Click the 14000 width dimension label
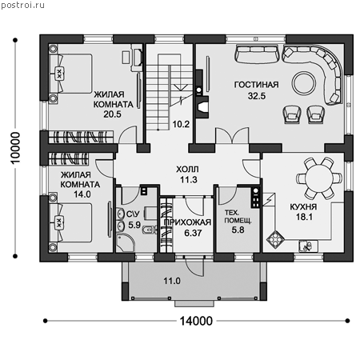(196, 321)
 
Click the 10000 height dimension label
(15, 148)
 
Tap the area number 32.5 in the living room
(257, 96)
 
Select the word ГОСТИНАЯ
(257, 85)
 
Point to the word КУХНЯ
(303, 206)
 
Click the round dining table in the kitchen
(319, 178)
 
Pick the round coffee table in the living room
(304, 83)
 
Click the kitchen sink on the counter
(308, 246)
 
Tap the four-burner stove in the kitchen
(275, 239)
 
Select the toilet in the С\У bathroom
(149, 230)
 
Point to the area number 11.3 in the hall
(189, 180)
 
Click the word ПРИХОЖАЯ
(187, 222)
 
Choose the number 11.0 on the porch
(172, 281)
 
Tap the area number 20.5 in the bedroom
(112, 114)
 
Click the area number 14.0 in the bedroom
(82, 194)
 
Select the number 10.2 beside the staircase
(181, 124)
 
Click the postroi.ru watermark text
(22, 5)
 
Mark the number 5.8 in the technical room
(238, 230)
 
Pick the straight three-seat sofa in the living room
(257, 54)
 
